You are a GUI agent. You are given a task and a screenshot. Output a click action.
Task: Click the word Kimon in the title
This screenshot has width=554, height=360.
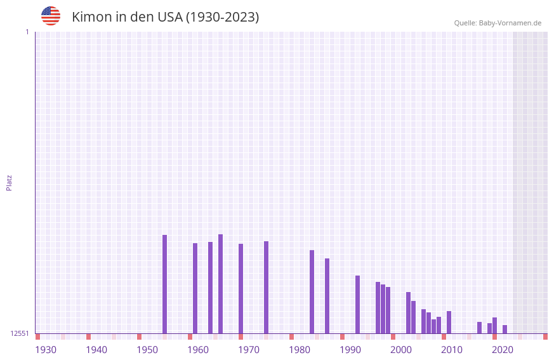pos(91,17)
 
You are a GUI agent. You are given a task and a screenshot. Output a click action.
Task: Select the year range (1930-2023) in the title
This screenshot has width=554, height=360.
pos(222,17)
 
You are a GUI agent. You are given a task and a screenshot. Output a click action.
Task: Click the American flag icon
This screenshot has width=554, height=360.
pos(51,16)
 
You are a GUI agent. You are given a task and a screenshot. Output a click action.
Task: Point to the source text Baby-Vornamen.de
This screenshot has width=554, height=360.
pos(510,23)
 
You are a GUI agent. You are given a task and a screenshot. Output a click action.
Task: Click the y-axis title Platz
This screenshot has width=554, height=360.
pos(9,182)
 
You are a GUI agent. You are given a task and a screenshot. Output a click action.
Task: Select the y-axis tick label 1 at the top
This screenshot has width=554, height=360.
pos(27,32)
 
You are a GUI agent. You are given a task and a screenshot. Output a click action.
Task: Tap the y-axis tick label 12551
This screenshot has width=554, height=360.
pos(20,333)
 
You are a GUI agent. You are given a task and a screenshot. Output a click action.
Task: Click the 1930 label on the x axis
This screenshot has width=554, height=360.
pos(46,349)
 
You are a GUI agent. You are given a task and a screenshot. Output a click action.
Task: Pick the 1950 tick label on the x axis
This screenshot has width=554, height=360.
pos(147,349)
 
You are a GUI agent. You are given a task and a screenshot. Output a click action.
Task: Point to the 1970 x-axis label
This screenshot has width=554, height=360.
pos(249,349)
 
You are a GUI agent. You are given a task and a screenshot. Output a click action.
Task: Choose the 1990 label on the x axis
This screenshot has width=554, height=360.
pos(350,349)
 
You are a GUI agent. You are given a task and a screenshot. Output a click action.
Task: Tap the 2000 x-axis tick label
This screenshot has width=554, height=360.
pos(401,349)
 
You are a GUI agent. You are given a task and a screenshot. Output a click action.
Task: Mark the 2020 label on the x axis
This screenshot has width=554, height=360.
pos(503,349)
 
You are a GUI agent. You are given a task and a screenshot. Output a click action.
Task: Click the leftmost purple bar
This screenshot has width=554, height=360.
pos(164,284)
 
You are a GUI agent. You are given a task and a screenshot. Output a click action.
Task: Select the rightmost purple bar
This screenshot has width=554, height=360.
pos(505,329)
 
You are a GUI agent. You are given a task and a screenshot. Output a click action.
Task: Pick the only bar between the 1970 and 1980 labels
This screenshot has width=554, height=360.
pos(266,287)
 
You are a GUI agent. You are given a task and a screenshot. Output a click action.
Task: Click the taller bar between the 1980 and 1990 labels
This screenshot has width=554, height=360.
pos(312,291)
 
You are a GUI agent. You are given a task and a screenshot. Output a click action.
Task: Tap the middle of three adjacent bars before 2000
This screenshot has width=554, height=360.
pos(383,309)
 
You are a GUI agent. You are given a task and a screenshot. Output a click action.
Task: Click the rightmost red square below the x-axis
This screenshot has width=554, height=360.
pos(545,337)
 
